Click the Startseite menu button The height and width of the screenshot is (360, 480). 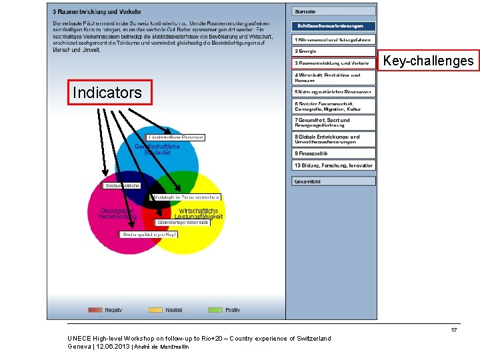333,11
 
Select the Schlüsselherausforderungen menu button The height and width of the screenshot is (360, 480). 333,26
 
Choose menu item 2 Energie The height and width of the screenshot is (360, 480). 333,51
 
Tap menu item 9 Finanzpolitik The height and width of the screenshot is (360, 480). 333,153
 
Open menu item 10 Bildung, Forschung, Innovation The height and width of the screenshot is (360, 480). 333,165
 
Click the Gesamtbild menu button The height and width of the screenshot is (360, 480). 333,181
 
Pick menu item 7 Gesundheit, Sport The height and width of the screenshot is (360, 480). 333,123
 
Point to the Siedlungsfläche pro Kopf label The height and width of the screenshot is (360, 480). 149,235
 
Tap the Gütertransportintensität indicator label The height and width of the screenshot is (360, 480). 183,222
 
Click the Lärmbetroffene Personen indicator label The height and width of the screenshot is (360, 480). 175,138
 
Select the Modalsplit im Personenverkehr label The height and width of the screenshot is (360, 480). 186,197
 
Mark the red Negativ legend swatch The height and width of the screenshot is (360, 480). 95,310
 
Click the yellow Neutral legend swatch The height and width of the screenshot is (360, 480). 155,310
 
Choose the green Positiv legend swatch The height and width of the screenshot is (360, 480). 215,310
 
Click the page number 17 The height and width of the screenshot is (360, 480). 453,330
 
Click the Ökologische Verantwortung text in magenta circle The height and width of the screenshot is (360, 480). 117,213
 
